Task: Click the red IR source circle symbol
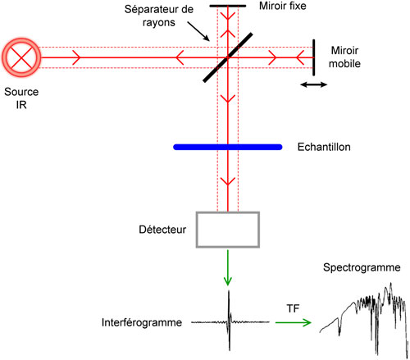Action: pos(19,56)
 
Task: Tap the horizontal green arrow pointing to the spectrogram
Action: pos(292,321)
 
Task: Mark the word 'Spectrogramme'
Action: pos(361,268)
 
